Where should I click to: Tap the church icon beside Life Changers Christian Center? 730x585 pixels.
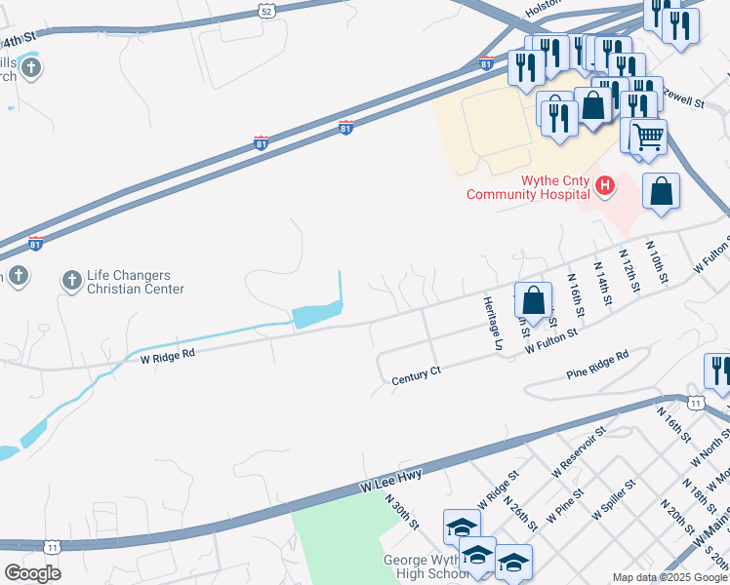coord(71,281)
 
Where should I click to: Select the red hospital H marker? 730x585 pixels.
coord(605,183)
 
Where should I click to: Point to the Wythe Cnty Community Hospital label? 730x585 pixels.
coord(528,187)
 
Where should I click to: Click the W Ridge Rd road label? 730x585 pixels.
coord(168,355)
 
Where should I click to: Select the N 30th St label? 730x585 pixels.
coord(401,512)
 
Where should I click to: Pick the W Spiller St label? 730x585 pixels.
coord(612,498)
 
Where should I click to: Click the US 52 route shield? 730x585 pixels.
coord(267,11)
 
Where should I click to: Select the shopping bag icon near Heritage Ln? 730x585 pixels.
coord(534,299)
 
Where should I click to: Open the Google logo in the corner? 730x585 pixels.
coord(32,572)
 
